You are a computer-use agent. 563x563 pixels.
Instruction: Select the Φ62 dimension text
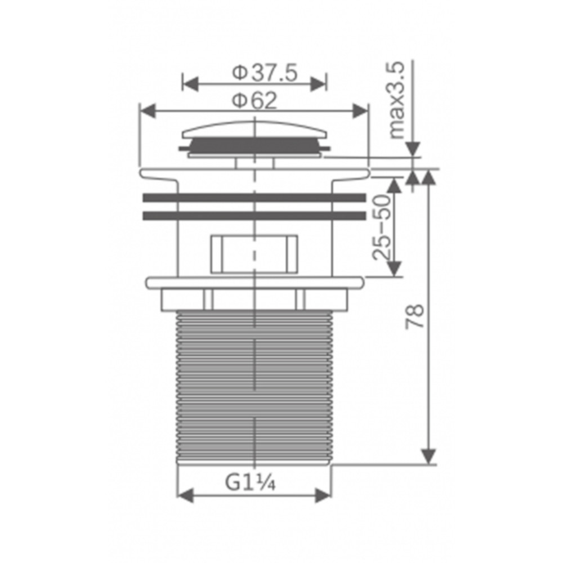254,101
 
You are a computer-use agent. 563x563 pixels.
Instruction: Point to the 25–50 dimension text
381,227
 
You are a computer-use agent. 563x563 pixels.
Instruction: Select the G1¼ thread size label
251,482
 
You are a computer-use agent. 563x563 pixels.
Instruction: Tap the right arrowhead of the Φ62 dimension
360,110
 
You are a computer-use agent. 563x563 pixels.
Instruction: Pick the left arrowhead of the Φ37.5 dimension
190,84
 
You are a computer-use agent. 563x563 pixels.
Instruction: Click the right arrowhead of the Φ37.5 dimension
319,84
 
